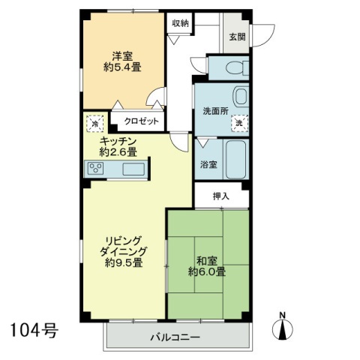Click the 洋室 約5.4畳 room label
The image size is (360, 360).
click(x=122, y=61)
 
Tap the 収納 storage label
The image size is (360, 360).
click(x=180, y=23)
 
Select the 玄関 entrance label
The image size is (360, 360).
click(x=237, y=37)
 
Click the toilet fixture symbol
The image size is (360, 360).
click(x=237, y=67)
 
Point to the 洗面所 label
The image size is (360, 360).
click(x=215, y=111)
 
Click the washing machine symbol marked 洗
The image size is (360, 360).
click(x=240, y=123)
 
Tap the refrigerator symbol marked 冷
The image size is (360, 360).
click(x=94, y=124)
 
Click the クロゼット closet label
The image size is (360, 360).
click(x=142, y=121)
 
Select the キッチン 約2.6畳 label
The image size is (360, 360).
click(x=118, y=147)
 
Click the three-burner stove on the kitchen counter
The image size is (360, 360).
click(x=96, y=169)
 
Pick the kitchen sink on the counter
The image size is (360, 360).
click(x=133, y=169)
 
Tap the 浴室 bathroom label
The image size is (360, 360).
click(x=208, y=164)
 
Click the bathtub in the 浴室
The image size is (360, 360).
click(x=236, y=160)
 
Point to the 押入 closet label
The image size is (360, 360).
click(x=221, y=196)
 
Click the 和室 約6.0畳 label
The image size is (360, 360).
click(x=207, y=266)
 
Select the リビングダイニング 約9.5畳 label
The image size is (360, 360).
click(x=124, y=252)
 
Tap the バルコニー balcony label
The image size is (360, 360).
click(x=175, y=337)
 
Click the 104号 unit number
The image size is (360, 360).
click(x=34, y=330)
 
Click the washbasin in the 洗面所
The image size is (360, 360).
click(x=241, y=96)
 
